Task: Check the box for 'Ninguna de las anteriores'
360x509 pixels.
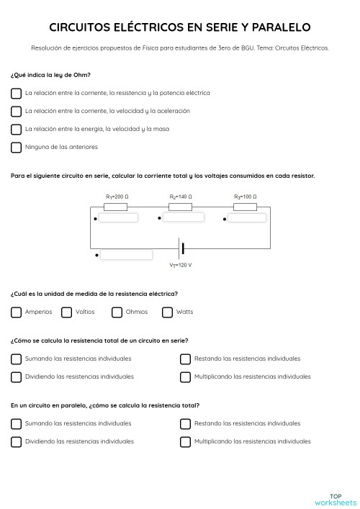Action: [16, 148]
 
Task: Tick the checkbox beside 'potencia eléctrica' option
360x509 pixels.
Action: [16, 93]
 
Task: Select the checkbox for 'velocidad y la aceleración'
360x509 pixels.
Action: [16, 111]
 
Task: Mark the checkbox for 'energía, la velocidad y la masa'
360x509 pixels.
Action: [16, 130]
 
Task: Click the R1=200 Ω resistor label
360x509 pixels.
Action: [116, 197]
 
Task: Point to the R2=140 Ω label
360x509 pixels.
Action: [180, 197]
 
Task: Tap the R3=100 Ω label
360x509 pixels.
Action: [245, 197]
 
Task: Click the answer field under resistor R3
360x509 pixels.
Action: [252, 217]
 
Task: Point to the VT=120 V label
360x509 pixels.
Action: [181, 265]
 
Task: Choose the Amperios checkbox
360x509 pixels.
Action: [16, 312]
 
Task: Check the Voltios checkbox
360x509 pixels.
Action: [66, 312]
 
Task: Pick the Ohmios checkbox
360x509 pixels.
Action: [117, 312]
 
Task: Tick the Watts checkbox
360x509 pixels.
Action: [168, 312]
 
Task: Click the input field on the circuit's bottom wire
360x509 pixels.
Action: [126, 254]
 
